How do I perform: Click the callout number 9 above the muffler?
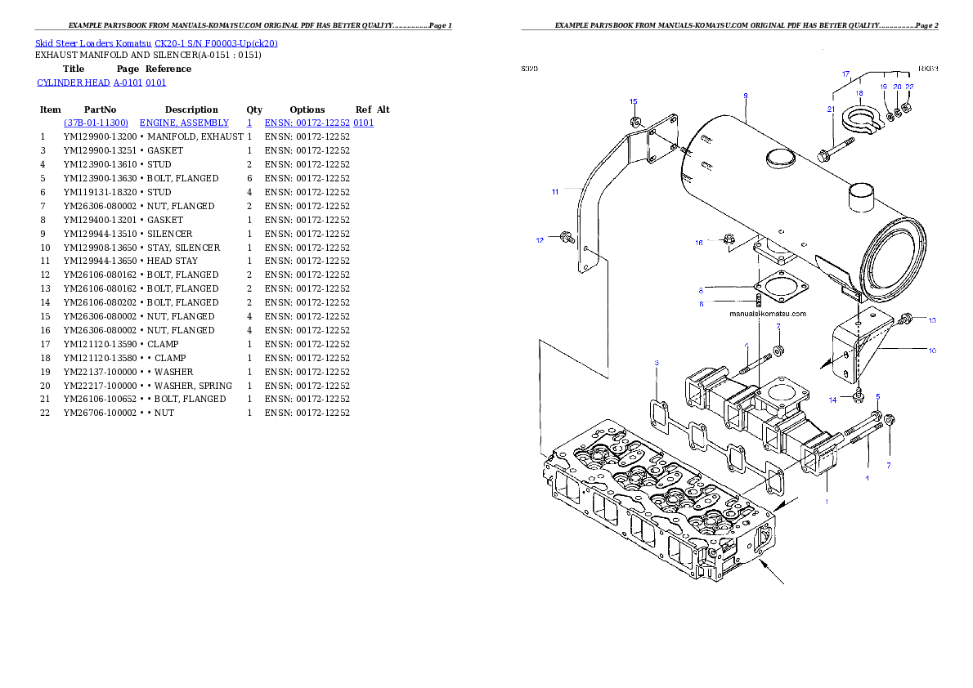746,96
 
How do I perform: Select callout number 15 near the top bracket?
634,102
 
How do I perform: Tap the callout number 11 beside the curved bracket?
555,192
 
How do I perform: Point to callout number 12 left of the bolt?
540,240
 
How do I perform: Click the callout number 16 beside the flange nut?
699,243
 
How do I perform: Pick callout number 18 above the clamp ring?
859,94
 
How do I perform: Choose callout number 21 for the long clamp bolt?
831,109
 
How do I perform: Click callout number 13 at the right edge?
932,319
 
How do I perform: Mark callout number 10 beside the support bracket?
932,351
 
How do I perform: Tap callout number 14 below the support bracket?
833,400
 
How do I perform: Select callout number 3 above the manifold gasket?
656,362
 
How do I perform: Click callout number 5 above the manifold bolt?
878,397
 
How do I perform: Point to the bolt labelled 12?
565,238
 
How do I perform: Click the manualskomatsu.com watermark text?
768,314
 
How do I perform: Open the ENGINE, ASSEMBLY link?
184,123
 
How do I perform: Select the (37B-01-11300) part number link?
95,123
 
